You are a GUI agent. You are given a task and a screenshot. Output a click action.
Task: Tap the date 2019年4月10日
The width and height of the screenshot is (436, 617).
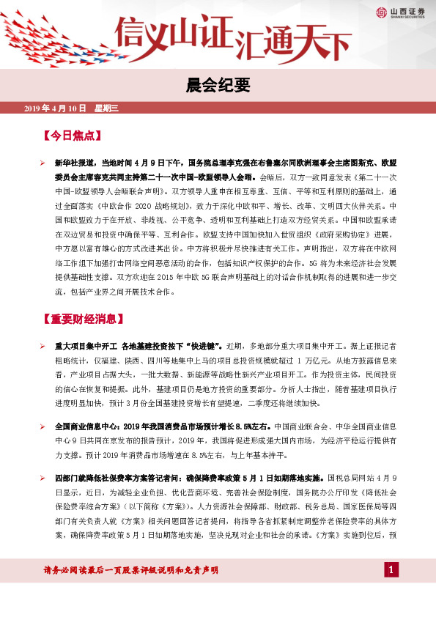point(56,108)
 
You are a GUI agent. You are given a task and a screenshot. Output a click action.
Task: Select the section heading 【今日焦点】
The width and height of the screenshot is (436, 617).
point(72,136)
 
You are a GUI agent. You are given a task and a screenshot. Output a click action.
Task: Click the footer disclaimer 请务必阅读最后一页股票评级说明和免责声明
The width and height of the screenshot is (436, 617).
point(132,570)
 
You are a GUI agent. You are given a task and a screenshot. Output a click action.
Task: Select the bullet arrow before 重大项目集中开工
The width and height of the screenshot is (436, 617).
point(43,344)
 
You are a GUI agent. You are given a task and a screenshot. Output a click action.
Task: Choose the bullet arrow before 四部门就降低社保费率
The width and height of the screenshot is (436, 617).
point(43,478)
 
